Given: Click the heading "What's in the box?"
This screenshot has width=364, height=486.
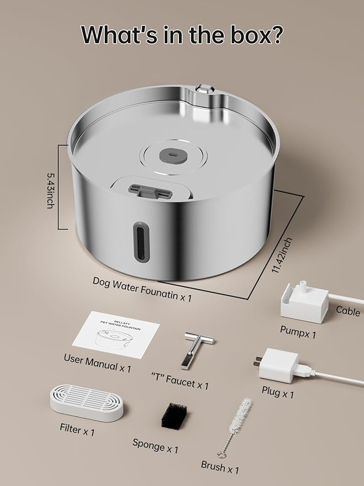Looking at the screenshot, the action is click(182, 34).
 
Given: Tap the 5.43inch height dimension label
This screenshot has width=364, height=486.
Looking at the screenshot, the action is click(51, 190).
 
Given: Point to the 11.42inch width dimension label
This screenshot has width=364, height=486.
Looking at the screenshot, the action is click(281, 255).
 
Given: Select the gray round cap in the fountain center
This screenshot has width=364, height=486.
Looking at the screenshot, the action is click(173, 154).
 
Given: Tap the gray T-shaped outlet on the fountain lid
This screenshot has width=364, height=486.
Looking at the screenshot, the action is click(150, 191).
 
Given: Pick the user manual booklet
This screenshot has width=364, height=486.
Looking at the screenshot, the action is click(116, 335).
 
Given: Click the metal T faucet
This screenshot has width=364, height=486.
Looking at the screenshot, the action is click(196, 349).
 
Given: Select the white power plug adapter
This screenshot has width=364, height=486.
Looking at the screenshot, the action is click(278, 365).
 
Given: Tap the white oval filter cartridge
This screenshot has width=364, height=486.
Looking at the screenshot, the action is click(87, 403).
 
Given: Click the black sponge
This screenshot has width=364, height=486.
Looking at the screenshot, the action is click(174, 416).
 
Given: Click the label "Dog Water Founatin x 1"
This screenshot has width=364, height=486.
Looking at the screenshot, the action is click(143, 289).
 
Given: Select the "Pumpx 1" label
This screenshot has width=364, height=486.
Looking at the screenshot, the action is click(298, 332).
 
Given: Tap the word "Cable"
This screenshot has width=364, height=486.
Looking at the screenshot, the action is click(348, 311).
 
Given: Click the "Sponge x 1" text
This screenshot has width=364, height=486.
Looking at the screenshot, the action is click(155, 446).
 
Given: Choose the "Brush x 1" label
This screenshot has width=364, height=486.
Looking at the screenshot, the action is click(220, 467).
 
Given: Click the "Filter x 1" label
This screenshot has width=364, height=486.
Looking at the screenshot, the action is click(77, 430).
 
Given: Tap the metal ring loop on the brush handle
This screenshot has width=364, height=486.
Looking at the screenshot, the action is click(221, 454).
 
